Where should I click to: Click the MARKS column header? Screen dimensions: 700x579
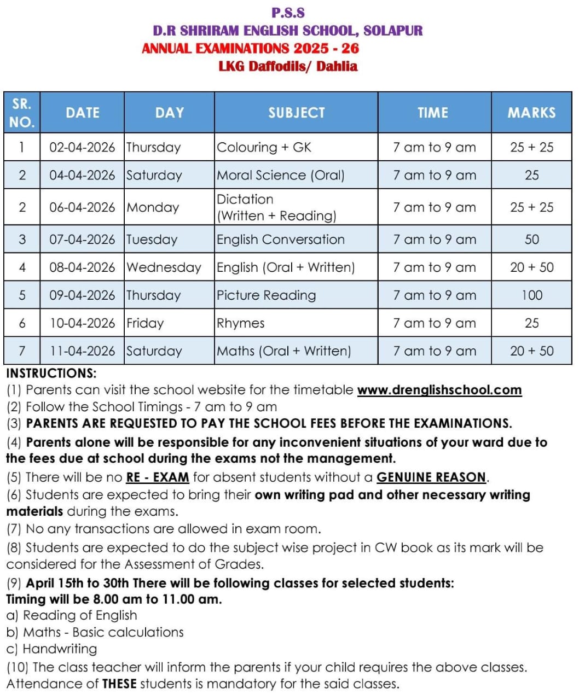pyautogui.click(x=531, y=113)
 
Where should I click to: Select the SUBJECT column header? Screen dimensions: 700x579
pyautogui.click(x=296, y=113)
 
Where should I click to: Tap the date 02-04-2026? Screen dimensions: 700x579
pyautogui.click(x=82, y=147)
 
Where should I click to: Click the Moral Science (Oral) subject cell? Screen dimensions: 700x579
pyautogui.click(x=281, y=175)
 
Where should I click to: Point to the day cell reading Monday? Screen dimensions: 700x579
pyautogui.click(x=153, y=207)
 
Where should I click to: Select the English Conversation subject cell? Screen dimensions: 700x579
pyautogui.click(x=281, y=240)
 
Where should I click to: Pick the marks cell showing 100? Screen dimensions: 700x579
pyautogui.click(x=531, y=295)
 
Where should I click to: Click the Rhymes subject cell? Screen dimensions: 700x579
pyautogui.click(x=241, y=323)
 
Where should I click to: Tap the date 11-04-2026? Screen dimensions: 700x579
pyautogui.click(x=82, y=351)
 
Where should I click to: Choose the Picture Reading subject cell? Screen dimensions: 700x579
pyautogui.click(x=267, y=295)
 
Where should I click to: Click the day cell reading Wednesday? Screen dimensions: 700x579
pyautogui.click(x=164, y=267)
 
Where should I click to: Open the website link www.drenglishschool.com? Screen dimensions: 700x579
pyautogui.click(x=439, y=390)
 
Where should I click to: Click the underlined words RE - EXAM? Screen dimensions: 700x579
pyautogui.click(x=158, y=477)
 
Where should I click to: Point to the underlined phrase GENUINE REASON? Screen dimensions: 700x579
pyautogui.click(x=431, y=477)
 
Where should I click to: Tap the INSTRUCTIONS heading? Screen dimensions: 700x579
pyautogui.click(x=51, y=374)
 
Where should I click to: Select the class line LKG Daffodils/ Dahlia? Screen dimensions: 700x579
pyautogui.click(x=288, y=66)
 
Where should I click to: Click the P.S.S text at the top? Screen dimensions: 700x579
pyautogui.click(x=288, y=13)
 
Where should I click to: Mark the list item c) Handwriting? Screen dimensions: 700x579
pyautogui.click(x=51, y=649)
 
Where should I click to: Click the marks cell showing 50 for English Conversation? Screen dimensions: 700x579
pyautogui.click(x=531, y=240)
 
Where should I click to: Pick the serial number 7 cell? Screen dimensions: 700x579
pyautogui.click(x=22, y=351)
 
